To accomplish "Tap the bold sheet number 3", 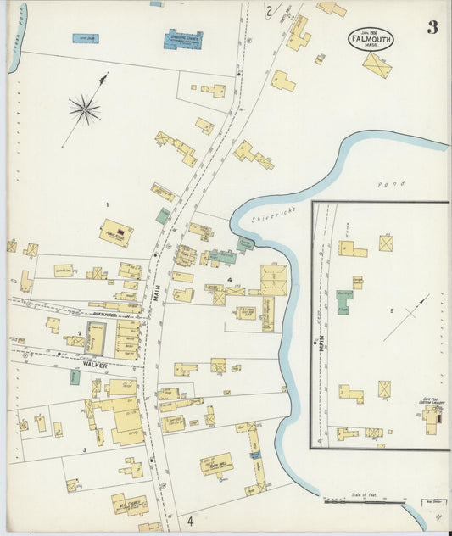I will coord(432,27).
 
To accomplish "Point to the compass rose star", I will coord(85,108).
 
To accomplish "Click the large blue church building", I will coord(182,39).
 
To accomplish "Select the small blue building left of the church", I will coord(85,38).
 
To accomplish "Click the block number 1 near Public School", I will coord(107,205).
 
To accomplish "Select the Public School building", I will coord(116,232).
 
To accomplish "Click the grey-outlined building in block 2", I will coord(96,339).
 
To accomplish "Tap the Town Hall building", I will coord(216,463).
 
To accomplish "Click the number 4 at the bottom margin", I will coord(191,521).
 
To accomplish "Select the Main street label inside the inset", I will coord(322,343).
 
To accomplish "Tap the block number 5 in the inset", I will coord(392,311).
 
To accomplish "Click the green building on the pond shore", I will coord(245,243).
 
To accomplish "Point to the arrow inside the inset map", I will coord(405,317).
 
